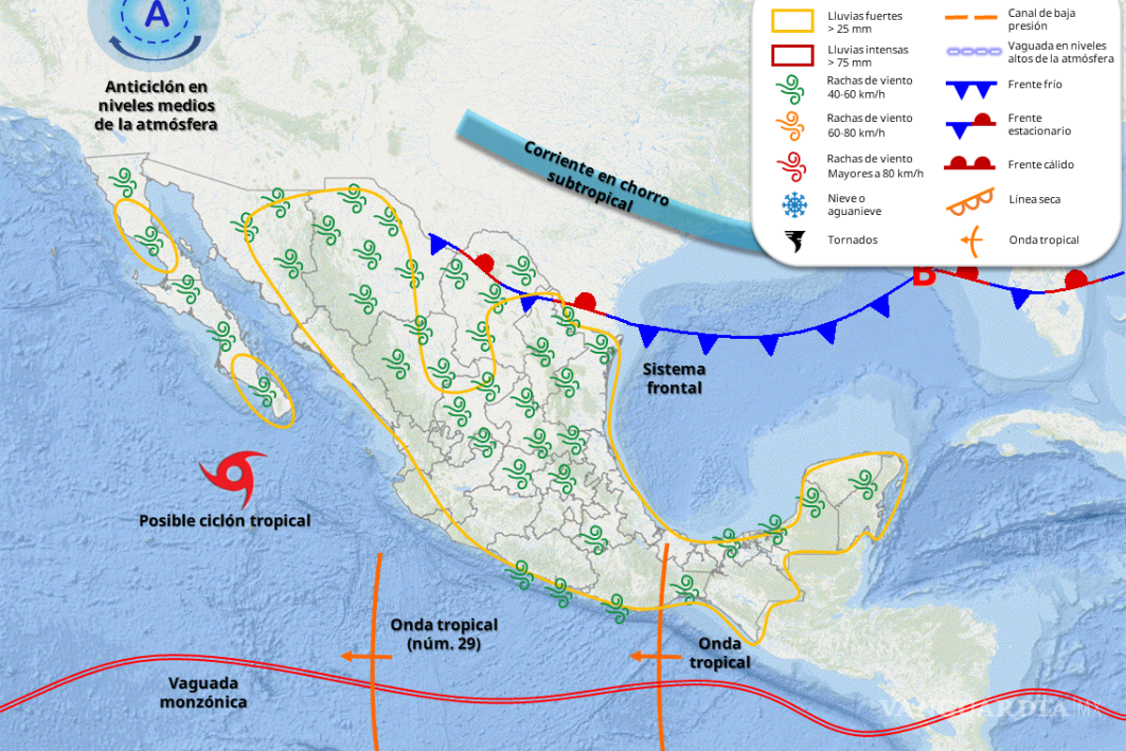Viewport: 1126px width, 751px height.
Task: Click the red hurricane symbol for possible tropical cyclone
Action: tap(233, 477)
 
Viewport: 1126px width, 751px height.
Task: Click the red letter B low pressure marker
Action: tap(924, 275)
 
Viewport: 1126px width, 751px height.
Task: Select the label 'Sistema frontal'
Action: tap(674, 378)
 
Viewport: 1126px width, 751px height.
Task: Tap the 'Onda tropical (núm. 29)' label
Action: tap(444, 635)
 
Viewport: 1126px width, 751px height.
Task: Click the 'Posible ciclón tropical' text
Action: tap(224, 520)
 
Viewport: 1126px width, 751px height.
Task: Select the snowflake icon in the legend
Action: tap(795, 204)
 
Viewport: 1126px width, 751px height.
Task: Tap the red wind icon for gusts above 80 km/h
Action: tap(795, 165)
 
